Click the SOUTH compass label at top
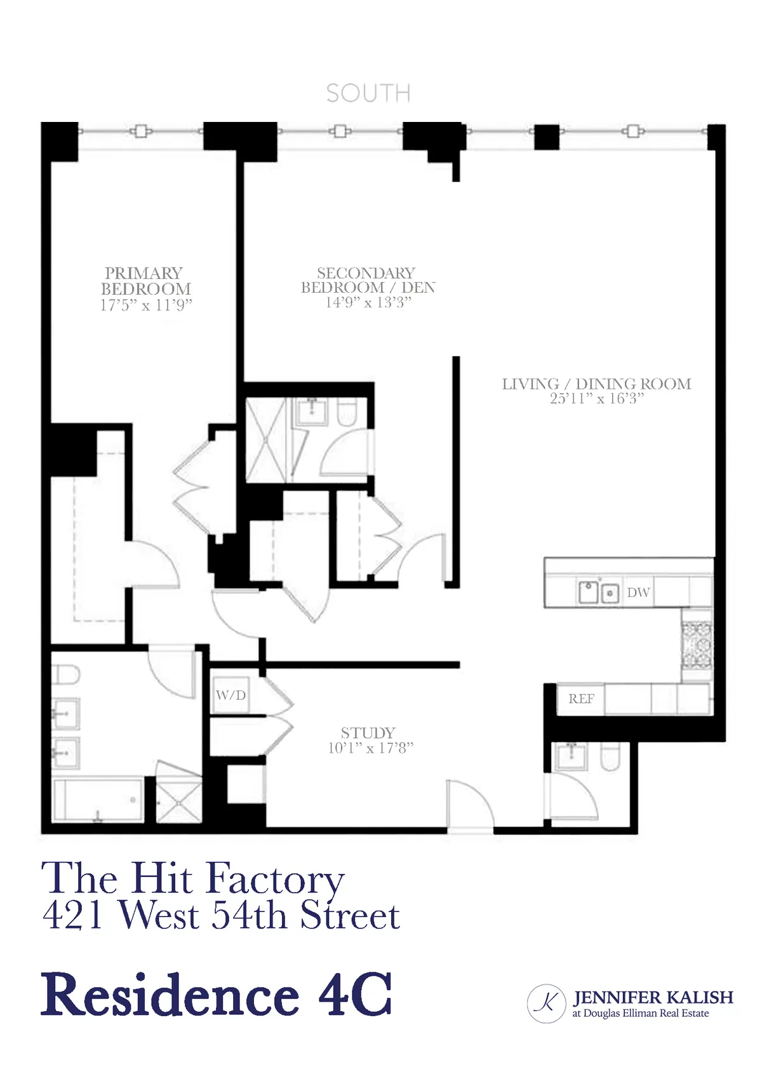click(368, 93)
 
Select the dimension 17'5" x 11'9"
click(145, 305)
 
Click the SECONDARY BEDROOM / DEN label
click(368, 280)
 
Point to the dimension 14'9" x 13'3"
click(368, 303)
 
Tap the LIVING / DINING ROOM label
click(596, 384)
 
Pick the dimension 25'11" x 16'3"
click(596, 399)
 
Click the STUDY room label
click(368, 732)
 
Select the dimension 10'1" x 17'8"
click(370, 748)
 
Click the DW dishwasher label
click(638, 593)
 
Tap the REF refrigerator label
click(581, 699)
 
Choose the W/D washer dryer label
click(231, 695)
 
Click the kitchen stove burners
click(697, 645)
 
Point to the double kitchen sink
click(598, 592)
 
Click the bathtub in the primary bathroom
click(98, 800)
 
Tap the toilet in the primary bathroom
click(65, 674)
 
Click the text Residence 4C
click(217, 994)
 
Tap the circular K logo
click(546, 1003)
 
